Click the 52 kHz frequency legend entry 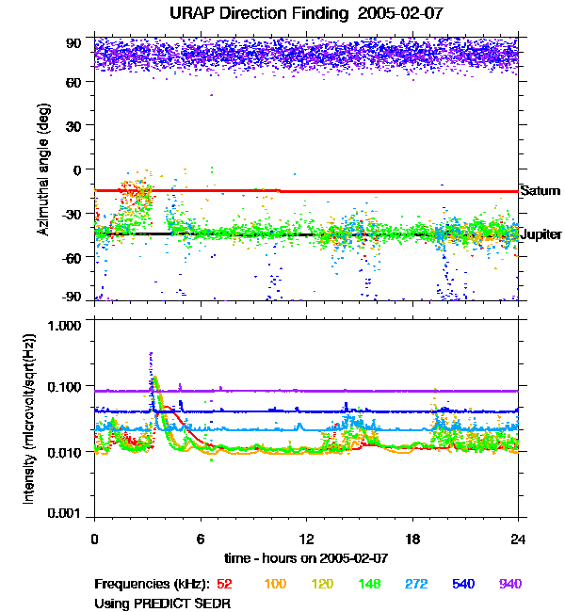click(224, 584)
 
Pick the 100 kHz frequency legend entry click(275, 584)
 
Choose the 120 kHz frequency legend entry click(323, 584)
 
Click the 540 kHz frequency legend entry click(461, 584)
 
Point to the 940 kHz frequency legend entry click(509, 584)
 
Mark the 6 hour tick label click(201, 539)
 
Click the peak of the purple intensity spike click(151, 353)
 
